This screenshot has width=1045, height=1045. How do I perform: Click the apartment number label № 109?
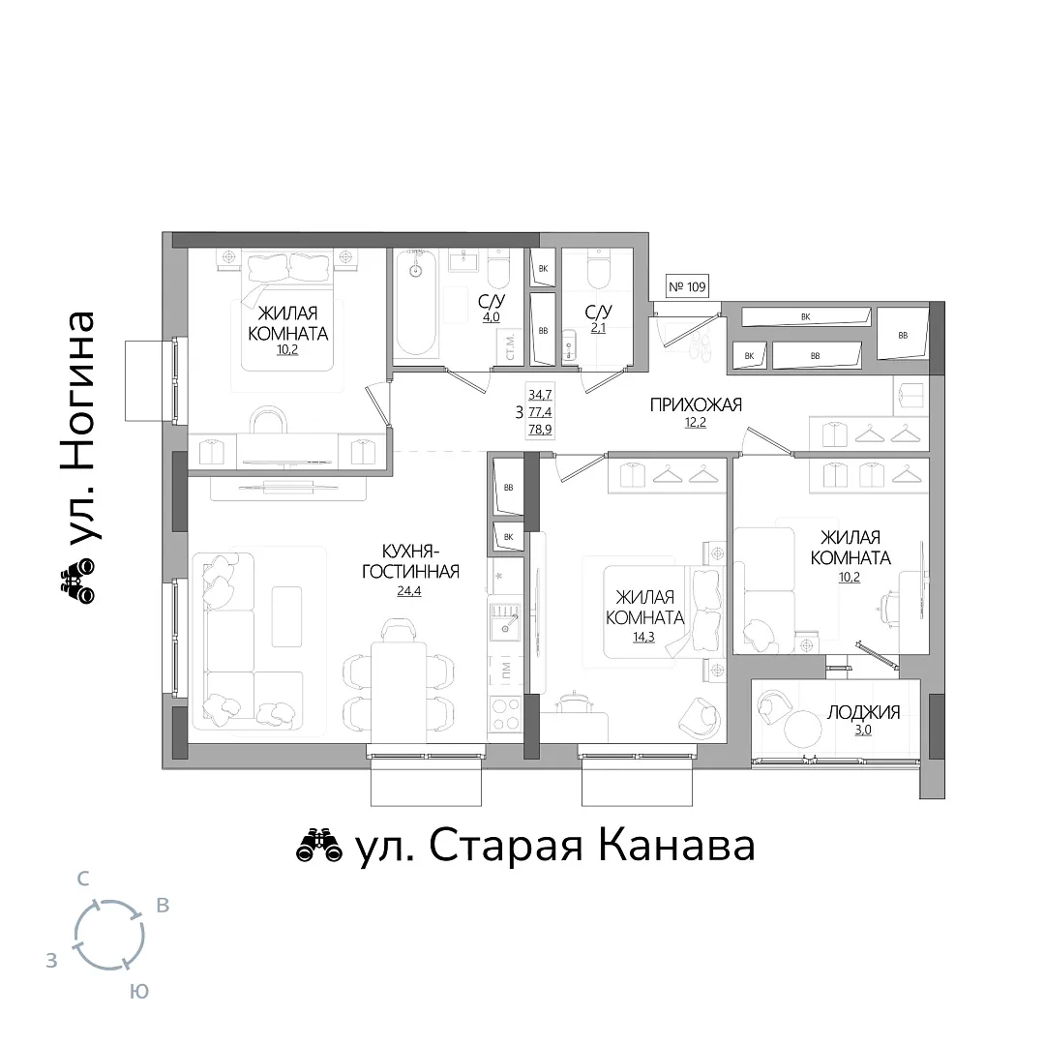click(x=687, y=286)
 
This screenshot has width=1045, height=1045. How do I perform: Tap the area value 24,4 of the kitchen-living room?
click(x=408, y=591)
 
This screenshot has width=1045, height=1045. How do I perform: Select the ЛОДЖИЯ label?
click(x=863, y=712)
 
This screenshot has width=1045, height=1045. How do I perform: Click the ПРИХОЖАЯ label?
click(x=696, y=404)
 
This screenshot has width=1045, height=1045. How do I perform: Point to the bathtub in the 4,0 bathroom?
click(x=416, y=303)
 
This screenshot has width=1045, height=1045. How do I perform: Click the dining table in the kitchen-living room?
click(x=399, y=692)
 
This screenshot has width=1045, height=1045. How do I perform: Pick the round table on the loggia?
click(x=802, y=729)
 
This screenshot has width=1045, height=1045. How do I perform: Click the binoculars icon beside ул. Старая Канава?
click(x=318, y=847)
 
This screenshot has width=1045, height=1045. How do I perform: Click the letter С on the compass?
click(x=82, y=879)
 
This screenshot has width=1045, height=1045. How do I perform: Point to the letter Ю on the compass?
click(x=138, y=993)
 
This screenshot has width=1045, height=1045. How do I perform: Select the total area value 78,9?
click(x=540, y=430)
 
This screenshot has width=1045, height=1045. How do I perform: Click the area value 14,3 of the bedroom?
click(x=643, y=637)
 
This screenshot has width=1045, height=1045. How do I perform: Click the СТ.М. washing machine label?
click(x=510, y=347)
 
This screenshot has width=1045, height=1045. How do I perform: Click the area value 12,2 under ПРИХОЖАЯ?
click(x=695, y=423)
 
